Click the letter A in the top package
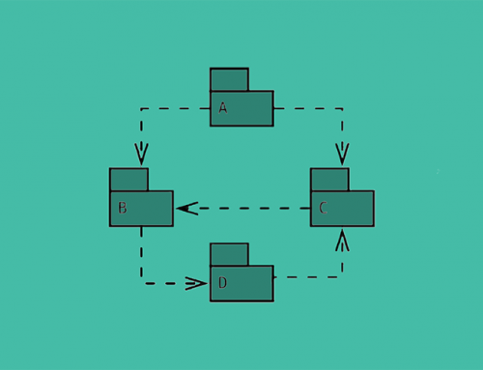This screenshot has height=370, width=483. pos(223,108)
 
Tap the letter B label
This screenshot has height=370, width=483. pos(123,207)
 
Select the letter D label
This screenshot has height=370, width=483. pos(223,282)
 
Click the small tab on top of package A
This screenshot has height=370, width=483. pos(229,79)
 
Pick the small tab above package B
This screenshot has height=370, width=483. pos(128,179)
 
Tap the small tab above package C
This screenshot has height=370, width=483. pos(329,179)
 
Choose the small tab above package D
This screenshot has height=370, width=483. pos(229,254)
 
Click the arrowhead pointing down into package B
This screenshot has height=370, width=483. pos(142,155)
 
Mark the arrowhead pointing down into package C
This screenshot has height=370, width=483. pos(342,155)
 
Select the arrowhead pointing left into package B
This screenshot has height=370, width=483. pos(186,208)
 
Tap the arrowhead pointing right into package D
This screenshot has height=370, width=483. pos(196,283)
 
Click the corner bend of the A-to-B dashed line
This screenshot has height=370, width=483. pos(142,108)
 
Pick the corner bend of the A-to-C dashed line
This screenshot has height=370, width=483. pos(342,108)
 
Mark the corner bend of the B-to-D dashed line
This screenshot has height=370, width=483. pos(142,283)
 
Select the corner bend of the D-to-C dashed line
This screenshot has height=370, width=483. pos(342,277)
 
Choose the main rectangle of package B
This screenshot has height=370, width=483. pos(150,208)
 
